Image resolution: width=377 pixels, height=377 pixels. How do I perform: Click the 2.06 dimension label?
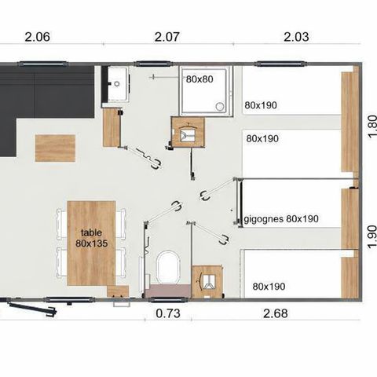click(38, 35)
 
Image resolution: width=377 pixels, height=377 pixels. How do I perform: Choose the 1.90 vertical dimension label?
click(372, 236)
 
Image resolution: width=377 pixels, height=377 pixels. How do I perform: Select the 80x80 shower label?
click(200, 79)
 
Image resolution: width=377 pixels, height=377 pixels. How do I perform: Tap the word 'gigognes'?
click(264, 219)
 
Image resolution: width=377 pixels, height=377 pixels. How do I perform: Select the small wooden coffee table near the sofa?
click(56, 148)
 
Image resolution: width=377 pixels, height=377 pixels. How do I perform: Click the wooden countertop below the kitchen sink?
click(112, 126)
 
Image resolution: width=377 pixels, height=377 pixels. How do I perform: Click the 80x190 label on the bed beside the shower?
click(262, 104)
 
